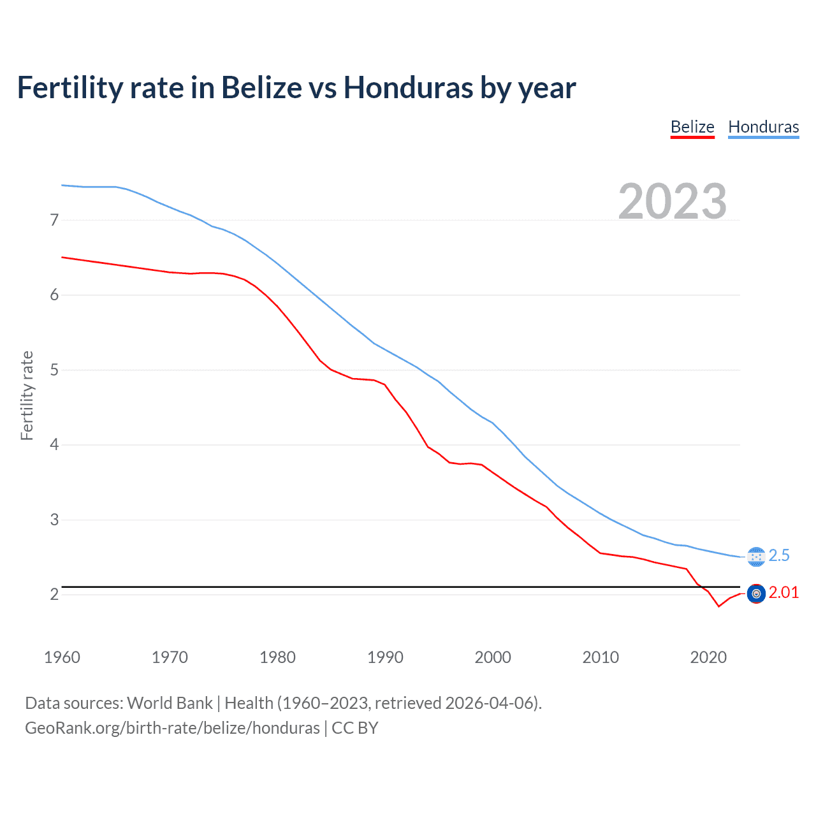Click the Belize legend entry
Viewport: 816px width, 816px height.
(x=692, y=127)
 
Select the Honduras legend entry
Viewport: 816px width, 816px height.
(x=763, y=127)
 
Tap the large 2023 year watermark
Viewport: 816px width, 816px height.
(x=673, y=201)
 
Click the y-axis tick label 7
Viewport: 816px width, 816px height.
(x=54, y=221)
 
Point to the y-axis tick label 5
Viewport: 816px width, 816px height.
(x=54, y=370)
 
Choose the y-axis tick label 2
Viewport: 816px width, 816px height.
(x=54, y=595)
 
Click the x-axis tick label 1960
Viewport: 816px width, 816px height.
(x=62, y=657)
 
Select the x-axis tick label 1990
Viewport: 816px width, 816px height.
(x=385, y=657)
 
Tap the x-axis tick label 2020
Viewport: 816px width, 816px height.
(x=708, y=657)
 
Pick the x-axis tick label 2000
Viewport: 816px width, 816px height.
(x=493, y=657)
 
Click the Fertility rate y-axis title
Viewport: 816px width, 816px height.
(x=27, y=395)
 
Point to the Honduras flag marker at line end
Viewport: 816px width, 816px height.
(x=756, y=557)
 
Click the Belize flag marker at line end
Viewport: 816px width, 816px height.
(x=756, y=594)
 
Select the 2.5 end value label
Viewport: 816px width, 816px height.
(x=779, y=556)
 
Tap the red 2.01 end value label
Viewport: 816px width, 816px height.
(x=783, y=593)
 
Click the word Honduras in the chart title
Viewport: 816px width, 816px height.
(x=409, y=87)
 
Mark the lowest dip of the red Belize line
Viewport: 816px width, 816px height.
(x=718, y=606)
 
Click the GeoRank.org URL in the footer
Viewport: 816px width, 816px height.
(x=172, y=728)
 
